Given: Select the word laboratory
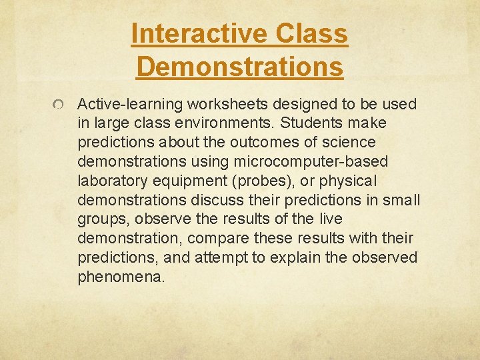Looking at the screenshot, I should click(109, 181).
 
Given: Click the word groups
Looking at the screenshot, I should click(99, 219).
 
